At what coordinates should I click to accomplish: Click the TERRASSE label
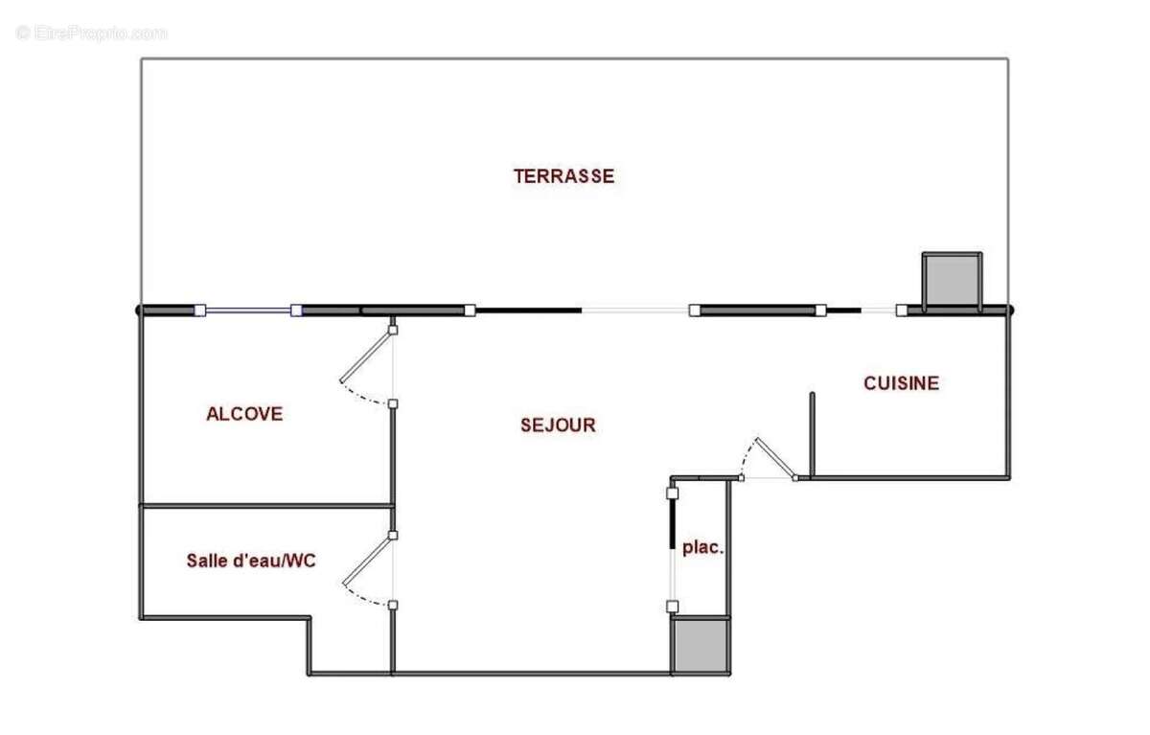point(563,176)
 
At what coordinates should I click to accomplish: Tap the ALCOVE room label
point(244,414)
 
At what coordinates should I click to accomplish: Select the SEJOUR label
point(558,425)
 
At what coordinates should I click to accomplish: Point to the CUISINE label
point(901,383)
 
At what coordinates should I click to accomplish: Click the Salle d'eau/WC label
point(251,561)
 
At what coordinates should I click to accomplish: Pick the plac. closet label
point(702,548)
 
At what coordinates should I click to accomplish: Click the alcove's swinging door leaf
point(365,356)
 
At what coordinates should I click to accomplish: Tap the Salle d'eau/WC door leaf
point(368,561)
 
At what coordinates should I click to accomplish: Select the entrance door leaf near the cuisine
point(775,458)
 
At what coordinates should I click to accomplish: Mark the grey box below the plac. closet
point(701,645)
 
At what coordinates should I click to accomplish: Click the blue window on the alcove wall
point(248,310)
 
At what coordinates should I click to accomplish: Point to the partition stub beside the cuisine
point(812,435)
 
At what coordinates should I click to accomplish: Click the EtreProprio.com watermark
point(91,34)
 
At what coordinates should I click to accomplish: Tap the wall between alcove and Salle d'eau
point(266,506)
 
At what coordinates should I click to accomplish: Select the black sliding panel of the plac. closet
point(672,524)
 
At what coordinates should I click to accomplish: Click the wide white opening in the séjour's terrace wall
point(634,310)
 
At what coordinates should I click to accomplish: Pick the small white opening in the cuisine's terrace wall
point(878,310)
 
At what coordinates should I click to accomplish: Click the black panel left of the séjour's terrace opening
point(528,310)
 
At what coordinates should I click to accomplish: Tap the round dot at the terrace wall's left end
point(138,310)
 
